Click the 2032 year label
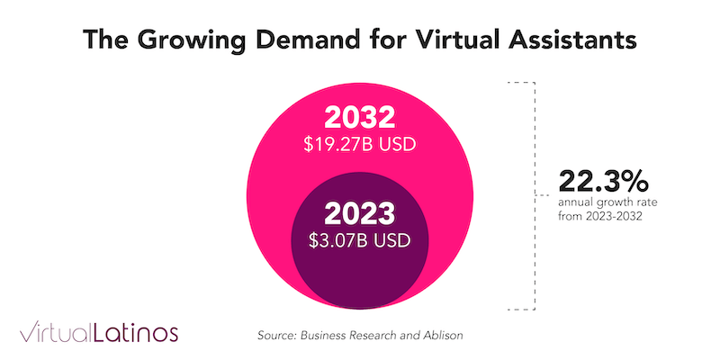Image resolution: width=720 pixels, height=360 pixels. [359, 118]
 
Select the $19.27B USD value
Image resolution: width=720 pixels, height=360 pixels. [359, 145]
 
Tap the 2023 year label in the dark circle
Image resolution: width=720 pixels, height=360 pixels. [359, 213]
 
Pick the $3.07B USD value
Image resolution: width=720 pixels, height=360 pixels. [359, 240]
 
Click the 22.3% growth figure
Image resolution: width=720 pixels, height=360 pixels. [603, 182]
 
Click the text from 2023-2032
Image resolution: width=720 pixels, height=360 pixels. [599, 216]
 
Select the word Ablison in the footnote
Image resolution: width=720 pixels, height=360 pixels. [445, 335]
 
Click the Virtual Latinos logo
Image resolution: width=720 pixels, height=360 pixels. [99, 332]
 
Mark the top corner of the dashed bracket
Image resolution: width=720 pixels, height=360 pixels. [535, 82]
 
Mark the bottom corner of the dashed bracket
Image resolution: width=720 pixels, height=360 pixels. [535, 310]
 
